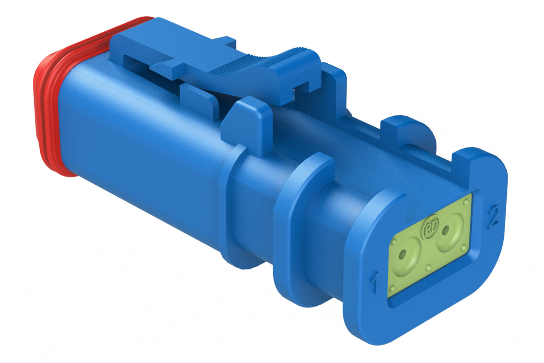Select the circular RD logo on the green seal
[x=429, y=229]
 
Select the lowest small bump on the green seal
[x=392, y=288]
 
